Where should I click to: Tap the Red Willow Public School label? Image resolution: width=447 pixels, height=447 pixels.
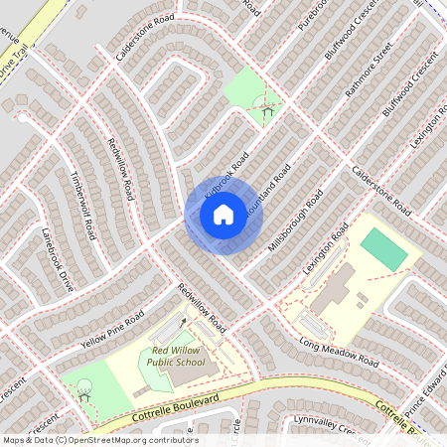[180, 357]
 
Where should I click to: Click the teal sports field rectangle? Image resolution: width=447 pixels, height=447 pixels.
[383, 248]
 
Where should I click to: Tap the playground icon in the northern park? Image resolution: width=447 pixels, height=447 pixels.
[266, 107]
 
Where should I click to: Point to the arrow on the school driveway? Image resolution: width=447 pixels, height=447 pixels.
[183, 322]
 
